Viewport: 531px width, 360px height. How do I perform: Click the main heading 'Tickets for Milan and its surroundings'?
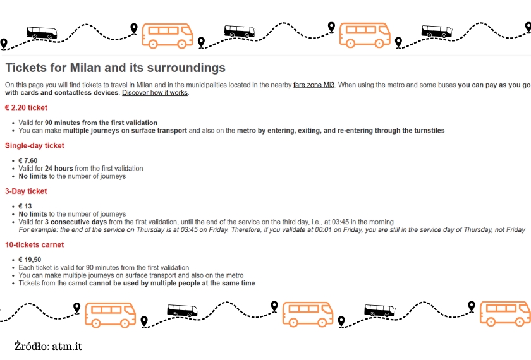tap(115, 68)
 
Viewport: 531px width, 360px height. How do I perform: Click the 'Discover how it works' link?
tap(155, 93)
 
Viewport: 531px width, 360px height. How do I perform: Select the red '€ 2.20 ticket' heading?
tap(26, 108)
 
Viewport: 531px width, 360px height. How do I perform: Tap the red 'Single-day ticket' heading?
tap(35, 146)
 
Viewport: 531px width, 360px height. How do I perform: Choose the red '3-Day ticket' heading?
tap(26, 191)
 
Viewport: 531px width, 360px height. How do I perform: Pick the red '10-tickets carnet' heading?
tap(34, 244)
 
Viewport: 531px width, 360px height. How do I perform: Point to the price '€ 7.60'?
tap(28, 160)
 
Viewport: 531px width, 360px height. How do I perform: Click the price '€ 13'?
tap(25, 207)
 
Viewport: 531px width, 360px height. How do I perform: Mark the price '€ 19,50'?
tap(30, 260)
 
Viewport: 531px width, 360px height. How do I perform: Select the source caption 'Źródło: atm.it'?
tap(49, 346)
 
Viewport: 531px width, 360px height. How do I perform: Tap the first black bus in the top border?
tap(42, 32)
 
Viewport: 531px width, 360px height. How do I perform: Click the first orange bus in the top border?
tap(168, 35)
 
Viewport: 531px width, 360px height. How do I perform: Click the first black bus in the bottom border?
tap(182, 310)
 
